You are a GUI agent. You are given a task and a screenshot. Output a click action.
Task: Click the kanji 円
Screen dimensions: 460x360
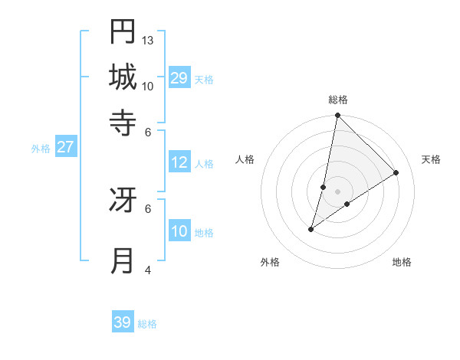[x=123, y=31]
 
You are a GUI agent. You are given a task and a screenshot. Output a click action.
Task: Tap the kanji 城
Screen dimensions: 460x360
[x=123, y=77]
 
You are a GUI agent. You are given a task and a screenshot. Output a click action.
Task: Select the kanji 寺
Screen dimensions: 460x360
[x=123, y=123]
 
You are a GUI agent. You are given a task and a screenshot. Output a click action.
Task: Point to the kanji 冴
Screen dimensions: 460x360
[x=123, y=200]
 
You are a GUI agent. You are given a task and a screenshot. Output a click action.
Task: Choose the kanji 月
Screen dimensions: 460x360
[x=123, y=261]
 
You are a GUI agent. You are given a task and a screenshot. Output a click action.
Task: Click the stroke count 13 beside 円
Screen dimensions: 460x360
[x=148, y=40]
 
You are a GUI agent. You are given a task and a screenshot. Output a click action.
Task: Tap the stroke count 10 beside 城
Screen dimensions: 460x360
[x=148, y=86]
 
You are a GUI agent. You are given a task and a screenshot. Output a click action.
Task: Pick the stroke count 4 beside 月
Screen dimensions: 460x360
[x=148, y=270]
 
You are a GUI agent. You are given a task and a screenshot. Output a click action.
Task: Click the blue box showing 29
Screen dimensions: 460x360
[x=179, y=77]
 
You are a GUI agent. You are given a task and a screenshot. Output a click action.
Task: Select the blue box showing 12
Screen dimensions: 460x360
[x=179, y=162]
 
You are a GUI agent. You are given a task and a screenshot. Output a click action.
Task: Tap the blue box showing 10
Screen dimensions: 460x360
[x=179, y=231]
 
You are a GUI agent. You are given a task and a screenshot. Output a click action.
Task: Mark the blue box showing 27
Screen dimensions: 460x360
[x=65, y=147]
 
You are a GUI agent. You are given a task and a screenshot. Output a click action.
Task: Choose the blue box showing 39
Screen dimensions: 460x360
[x=122, y=322]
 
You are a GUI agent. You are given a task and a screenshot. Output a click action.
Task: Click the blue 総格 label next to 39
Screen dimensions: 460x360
[x=147, y=324]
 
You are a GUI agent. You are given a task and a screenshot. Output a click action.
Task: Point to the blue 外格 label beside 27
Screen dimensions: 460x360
[x=41, y=149]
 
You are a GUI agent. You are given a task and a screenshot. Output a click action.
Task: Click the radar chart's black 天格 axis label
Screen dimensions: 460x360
[x=431, y=159]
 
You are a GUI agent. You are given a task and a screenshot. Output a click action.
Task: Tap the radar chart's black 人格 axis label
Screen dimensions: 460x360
[x=245, y=159]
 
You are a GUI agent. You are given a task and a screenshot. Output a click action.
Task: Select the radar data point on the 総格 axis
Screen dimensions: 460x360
[x=337, y=116]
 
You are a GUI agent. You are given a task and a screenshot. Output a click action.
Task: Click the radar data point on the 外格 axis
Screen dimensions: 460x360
[x=311, y=229]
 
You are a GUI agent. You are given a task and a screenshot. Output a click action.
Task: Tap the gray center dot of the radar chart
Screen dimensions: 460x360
[x=337, y=191]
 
